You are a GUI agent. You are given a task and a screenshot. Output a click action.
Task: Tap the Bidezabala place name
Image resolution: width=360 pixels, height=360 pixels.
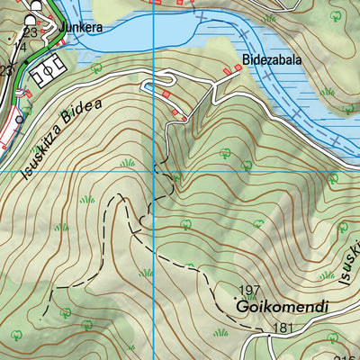tap(271, 61)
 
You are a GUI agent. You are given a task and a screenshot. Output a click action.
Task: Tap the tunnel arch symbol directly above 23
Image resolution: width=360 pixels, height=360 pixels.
tap(33, 19)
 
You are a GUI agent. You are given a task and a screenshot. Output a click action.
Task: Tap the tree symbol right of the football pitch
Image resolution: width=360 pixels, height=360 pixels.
tap(96, 67)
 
